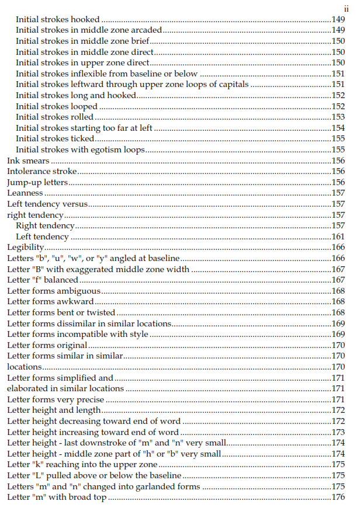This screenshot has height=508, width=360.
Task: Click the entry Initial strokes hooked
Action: pyautogui.click(x=57, y=20)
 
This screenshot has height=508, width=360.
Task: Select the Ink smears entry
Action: pyautogui.click(x=28, y=161)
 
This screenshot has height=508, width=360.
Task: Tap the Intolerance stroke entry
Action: pyautogui.click(x=42, y=172)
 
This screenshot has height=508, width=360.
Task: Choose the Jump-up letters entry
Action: pyautogui.click(x=37, y=183)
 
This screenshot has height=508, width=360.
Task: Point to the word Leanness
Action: pyautogui.click(x=25, y=193)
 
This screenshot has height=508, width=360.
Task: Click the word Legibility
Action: pyautogui.click(x=26, y=248)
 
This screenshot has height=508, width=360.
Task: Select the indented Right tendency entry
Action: pyautogui.click(x=45, y=226)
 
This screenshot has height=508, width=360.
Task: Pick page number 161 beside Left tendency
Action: pyautogui.click(x=338, y=237)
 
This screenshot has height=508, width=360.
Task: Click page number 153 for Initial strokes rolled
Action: pyautogui.click(x=338, y=117)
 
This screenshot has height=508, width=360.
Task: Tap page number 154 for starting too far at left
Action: pyautogui.click(x=338, y=128)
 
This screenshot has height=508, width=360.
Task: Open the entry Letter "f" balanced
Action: pyautogui.click(x=43, y=280)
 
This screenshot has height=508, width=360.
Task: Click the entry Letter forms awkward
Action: pyautogui.click(x=50, y=302)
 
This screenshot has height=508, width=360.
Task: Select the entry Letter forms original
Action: pyautogui.click(x=47, y=345)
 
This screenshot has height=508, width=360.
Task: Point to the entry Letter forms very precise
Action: pyautogui.click(x=56, y=399)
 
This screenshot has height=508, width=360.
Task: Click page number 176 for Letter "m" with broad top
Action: pyautogui.click(x=338, y=497)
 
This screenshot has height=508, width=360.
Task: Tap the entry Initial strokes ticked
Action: pyautogui.click(x=55, y=139)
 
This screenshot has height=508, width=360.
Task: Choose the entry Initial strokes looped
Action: pyautogui.click(x=56, y=107)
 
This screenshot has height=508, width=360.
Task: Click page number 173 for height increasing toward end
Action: pyautogui.click(x=338, y=433)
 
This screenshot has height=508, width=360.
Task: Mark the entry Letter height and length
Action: pyautogui.click(x=54, y=410)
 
